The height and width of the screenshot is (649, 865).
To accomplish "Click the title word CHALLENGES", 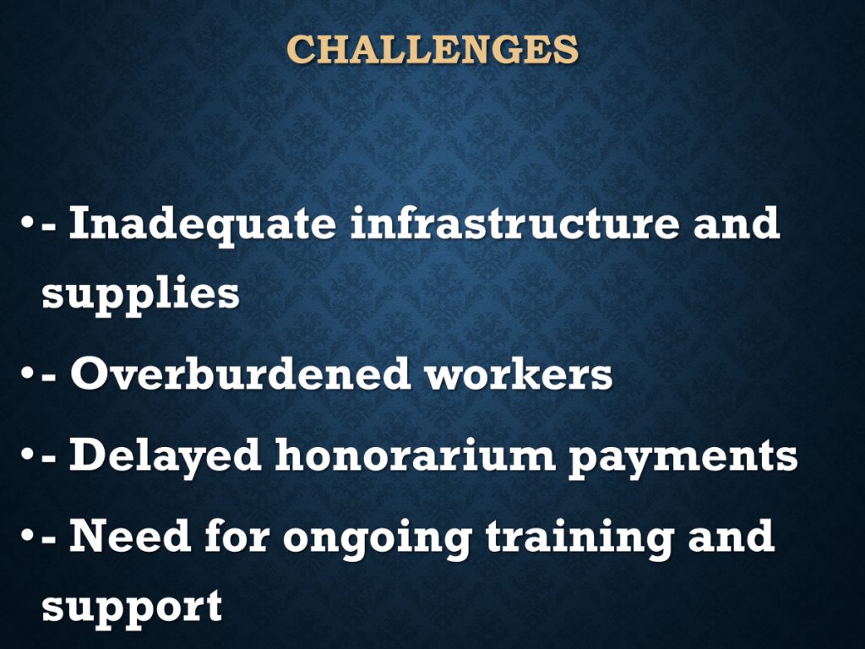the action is point(432,49).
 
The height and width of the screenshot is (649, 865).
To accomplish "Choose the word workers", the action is point(519,373).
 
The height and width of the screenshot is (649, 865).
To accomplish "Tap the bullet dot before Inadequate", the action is point(27,223).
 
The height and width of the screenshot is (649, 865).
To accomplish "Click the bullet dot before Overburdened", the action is point(27,374).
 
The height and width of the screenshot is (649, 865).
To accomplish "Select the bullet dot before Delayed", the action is point(27,455).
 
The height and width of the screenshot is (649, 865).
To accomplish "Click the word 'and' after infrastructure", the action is point(737,222).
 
